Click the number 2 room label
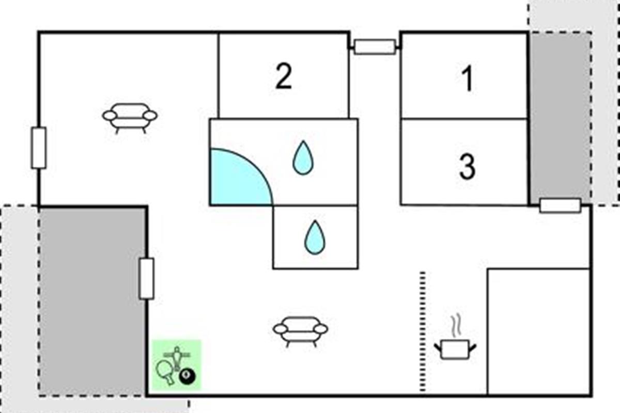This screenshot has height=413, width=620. (x=283, y=77)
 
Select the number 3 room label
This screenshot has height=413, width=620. (x=467, y=167)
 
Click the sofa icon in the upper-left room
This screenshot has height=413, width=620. (x=130, y=117)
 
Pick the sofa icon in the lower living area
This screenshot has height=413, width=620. (x=300, y=330)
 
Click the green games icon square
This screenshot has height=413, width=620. (x=176, y=364)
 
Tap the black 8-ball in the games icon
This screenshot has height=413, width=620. (x=187, y=378)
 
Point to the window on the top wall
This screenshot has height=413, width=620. (x=375, y=47)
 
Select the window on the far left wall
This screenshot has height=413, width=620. (x=39, y=148)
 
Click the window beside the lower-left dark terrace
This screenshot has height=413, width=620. (x=147, y=279)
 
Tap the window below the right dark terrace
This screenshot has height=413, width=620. (x=560, y=205)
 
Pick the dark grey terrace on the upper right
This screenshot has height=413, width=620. (x=560, y=116)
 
